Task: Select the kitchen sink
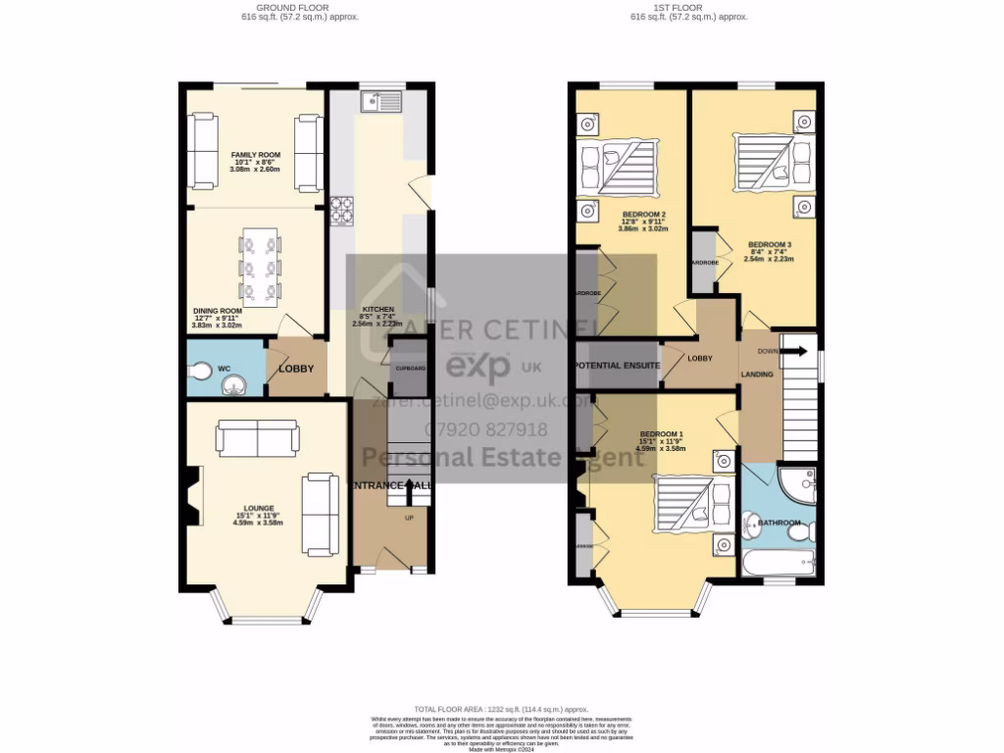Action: [x=377, y=99]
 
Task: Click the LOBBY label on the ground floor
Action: [x=296, y=369]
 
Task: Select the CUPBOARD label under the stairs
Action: [x=410, y=368]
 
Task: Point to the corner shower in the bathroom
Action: [x=799, y=482]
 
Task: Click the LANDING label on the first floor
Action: [x=757, y=375]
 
